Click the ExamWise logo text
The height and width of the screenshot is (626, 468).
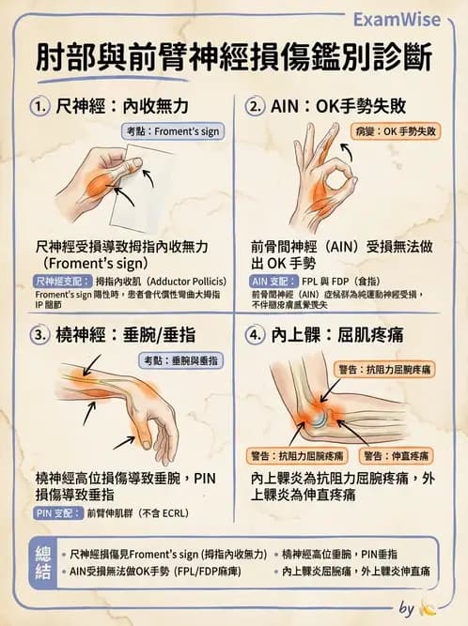(405, 21)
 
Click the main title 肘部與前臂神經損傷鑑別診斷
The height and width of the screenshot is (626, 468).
(234, 58)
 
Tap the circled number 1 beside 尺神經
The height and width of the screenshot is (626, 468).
(40, 107)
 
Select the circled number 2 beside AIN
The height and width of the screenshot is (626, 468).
(257, 107)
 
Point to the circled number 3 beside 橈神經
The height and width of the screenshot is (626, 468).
(40, 333)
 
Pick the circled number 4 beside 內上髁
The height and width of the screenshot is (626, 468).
(257, 333)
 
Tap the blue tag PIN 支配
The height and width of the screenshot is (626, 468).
(56, 513)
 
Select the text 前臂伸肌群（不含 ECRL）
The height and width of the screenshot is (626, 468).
(141, 513)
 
